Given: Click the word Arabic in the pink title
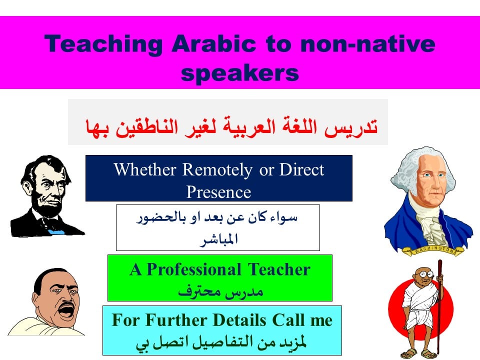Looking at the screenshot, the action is (x=213, y=43).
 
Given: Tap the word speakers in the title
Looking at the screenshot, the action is (x=239, y=73).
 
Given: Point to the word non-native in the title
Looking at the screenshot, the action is (x=367, y=44).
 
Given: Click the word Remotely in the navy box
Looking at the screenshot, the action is (x=217, y=170).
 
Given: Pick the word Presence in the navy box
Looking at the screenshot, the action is (x=219, y=192).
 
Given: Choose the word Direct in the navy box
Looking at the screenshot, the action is (x=301, y=169).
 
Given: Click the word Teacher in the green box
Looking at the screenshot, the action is (x=279, y=269).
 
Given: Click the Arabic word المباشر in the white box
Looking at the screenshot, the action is (x=219, y=239).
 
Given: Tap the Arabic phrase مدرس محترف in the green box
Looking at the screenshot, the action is (x=220, y=291).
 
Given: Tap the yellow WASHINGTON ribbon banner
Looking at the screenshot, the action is (x=432, y=250).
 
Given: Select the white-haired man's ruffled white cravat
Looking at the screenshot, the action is (x=432, y=226).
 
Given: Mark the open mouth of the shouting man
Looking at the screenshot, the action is (x=66, y=311).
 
